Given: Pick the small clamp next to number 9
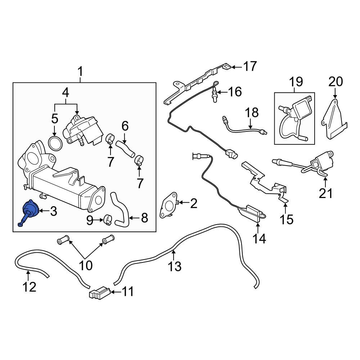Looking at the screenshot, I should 108,219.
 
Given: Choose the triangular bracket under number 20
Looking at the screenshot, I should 334,119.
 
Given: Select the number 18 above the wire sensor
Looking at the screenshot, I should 252,113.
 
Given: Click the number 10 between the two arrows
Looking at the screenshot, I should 86,265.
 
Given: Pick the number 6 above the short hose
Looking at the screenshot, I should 125,126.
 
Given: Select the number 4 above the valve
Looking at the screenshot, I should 66,93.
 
